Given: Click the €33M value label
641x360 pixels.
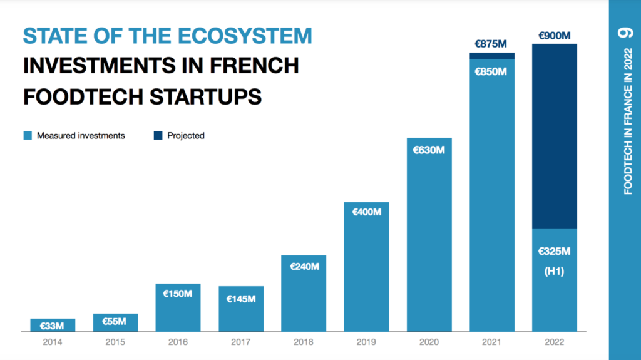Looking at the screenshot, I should (x=53, y=326).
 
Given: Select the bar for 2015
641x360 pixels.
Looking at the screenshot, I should (x=115, y=323).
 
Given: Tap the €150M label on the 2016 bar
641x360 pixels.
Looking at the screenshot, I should (x=178, y=294).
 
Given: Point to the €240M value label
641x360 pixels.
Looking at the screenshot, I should (x=304, y=266).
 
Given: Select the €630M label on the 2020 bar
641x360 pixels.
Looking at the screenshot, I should (x=429, y=150).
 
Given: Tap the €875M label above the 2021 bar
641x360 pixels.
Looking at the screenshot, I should (x=491, y=44).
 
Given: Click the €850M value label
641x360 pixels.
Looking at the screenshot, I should (x=491, y=71).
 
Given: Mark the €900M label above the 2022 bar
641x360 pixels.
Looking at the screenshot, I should (x=554, y=35).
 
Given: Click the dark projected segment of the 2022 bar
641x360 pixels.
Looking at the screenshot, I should (x=554, y=138).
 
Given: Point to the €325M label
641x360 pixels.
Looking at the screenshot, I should (x=554, y=252).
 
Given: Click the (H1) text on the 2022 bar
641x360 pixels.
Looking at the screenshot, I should (x=554, y=272).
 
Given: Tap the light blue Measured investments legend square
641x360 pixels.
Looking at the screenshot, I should (x=27, y=135).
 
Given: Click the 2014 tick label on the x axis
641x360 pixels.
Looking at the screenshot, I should (x=53, y=342).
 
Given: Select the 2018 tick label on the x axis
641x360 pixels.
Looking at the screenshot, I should (x=304, y=342).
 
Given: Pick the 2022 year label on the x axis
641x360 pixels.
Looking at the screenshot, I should (x=554, y=342).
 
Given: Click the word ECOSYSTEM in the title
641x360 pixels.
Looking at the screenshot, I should (x=242, y=36).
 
